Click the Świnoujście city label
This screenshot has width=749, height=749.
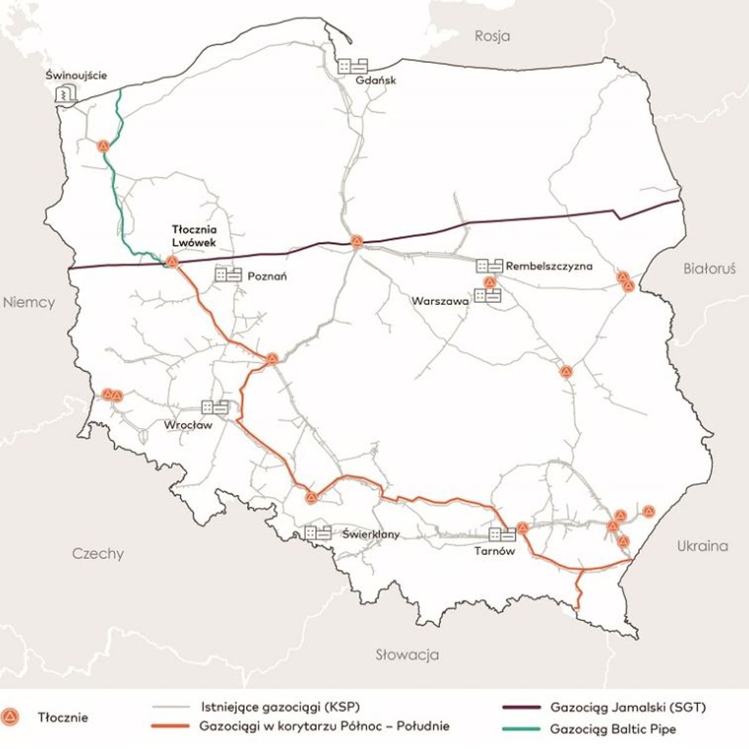pyautogui.click(x=77, y=76)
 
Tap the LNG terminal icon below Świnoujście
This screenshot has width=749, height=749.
pyautogui.click(x=65, y=94)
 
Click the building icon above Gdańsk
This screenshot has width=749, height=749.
pyautogui.click(x=353, y=66)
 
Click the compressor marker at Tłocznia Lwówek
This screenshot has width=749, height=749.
pyautogui.click(x=171, y=262)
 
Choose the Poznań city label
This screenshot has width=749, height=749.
pyautogui.click(x=267, y=276)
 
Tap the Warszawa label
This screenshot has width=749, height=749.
pyautogui.click(x=440, y=301)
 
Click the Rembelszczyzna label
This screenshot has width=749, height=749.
pyautogui.click(x=549, y=267)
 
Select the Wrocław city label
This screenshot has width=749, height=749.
pyautogui.click(x=188, y=425)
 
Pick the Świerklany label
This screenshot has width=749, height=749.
pyautogui.click(x=371, y=534)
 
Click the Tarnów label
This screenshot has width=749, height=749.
pyautogui.click(x=494, y=551)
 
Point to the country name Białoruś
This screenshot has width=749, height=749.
pyautogui.click(x=710, y=269)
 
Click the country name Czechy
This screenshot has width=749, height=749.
pyautogui.click(x=98, y=554)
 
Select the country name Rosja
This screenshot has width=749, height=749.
pyautogui.click(x=492, y=36)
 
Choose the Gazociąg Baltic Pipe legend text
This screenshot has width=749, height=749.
pyautogui.click(x=613, y=729)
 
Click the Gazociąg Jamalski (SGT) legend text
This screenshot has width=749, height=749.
pyautogui.click(x=628, y=708)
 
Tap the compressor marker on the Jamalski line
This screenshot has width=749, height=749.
pyautogui.click(x=356, y=241)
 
